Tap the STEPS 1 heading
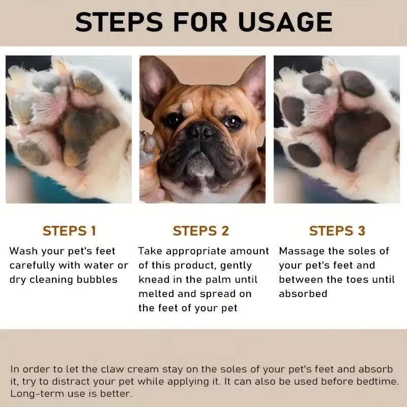pos(69,230)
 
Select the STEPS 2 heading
pos(201,230)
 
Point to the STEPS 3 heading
pos(337,230)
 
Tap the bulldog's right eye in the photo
pos(232,122)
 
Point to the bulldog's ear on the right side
pos(252,81)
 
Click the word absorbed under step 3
pos(303,294)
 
